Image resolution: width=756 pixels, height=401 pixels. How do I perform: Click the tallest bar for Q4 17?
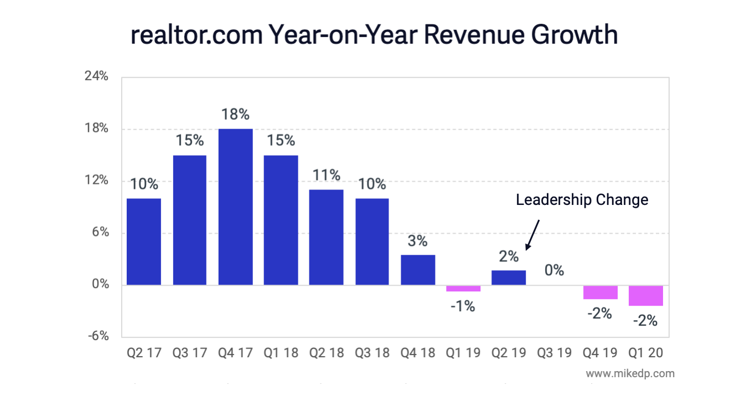235,207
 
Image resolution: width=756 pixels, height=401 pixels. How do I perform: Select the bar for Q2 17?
144,241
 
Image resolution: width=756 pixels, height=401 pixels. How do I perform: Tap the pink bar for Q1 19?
463,288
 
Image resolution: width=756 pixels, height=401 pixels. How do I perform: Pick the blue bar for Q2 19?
509,277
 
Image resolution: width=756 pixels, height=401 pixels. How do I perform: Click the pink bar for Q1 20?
646,295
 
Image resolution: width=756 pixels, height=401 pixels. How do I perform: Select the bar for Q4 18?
418,270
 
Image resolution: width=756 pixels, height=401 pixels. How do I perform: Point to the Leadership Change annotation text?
582,199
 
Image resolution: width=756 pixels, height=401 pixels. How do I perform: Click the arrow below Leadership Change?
532,234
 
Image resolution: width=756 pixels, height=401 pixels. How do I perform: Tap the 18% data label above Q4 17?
235,115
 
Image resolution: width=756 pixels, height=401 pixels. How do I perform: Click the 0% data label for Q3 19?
554,270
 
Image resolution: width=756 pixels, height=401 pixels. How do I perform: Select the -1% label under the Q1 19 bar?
462,306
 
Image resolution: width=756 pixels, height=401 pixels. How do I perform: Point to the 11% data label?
326,176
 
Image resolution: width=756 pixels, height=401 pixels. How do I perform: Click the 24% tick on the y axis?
96,76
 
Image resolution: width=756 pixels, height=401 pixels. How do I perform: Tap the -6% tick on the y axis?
97,337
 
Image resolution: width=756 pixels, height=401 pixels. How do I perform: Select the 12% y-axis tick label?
96,181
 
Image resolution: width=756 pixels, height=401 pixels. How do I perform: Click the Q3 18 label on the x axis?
372,353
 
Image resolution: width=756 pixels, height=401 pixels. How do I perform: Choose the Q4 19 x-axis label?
600,353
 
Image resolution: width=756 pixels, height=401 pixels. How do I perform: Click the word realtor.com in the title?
196,35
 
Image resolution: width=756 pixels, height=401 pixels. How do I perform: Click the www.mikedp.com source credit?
630,373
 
